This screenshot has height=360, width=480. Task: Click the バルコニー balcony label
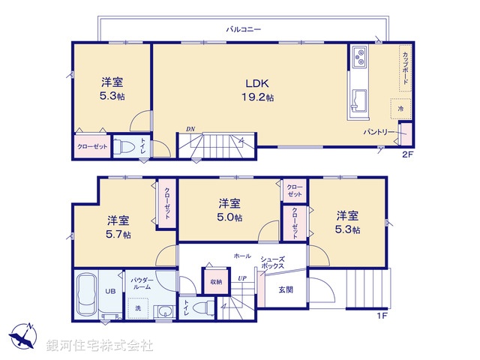[x=243, y=29]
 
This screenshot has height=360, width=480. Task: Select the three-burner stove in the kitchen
[x=358, y=58]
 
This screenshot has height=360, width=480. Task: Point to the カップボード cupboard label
[x=404, y=68]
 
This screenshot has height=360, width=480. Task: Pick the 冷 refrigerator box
[x=400, y=108]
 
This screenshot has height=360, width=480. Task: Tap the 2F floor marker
[x=407, y=155]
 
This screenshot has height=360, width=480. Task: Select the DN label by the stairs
[x=190, y=130]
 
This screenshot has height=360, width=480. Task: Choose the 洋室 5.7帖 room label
[x=118, y=226]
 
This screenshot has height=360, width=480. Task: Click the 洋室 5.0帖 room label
[x=229, y=210]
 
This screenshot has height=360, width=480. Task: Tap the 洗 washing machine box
[x=137, y=307]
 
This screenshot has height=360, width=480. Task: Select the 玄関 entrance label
[x=286, y=289]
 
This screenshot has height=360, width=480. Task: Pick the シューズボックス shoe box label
[x=271, y=262]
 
